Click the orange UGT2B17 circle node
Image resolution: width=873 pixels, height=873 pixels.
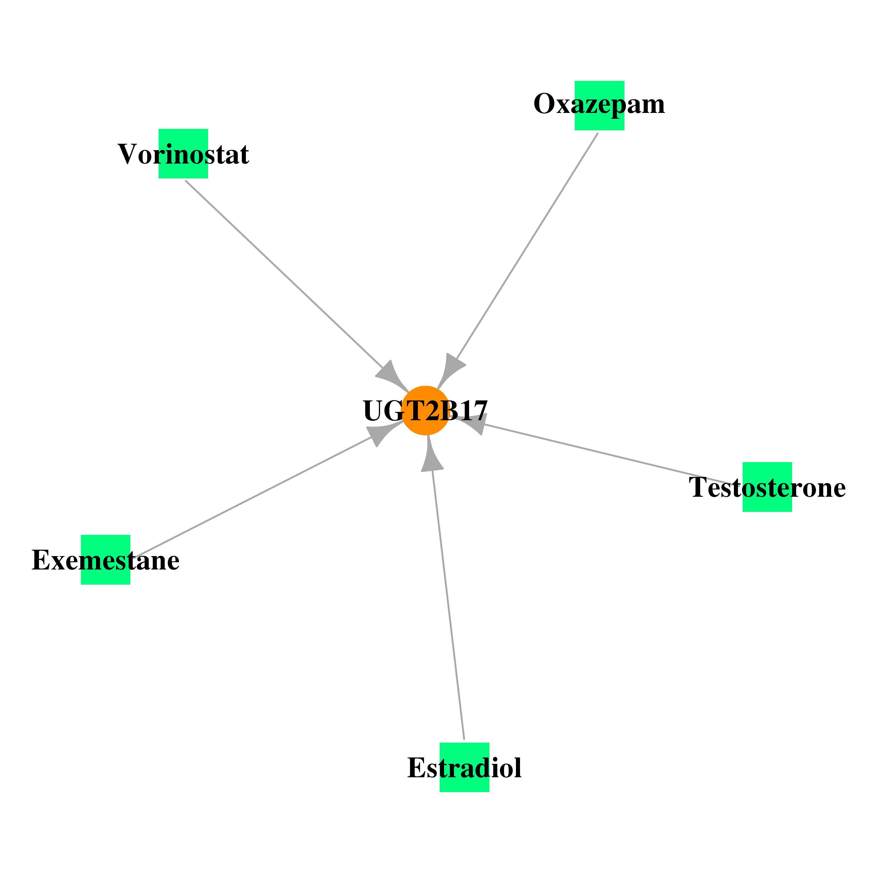coord(425,411)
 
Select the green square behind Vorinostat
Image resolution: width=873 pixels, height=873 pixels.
coord(183,154)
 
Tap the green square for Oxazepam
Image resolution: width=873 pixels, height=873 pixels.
coord(599,106)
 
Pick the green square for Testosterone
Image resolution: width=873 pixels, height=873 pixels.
coord(767,487)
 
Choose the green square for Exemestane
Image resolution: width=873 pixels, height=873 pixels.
coord(106,560)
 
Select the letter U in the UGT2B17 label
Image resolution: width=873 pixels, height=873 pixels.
coord(373,411)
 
